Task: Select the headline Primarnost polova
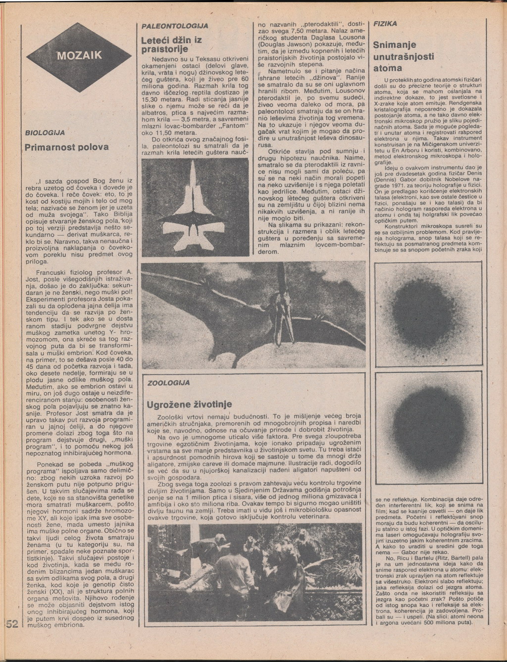pos(66,148)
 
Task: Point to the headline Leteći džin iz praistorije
pos(171,44)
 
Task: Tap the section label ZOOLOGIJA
pos(168,383)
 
